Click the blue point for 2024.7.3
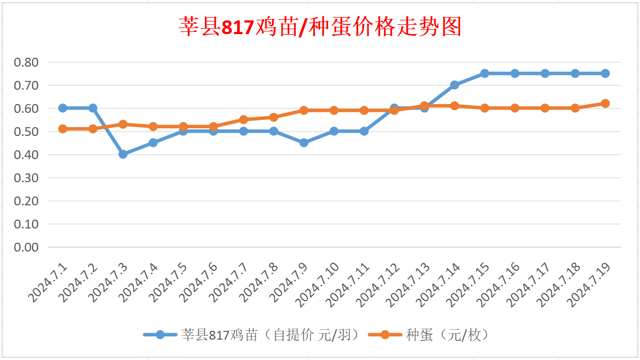(x=123, y=154)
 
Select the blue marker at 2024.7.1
(x=63, y=108)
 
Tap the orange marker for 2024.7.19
(x=605, y=103)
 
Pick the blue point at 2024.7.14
(x=454, y=85)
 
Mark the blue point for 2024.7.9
(x=303, y=143)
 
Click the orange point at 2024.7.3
(x=123, y=124)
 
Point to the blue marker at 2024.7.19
(x=605, y=73)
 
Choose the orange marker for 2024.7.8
(x=274, y=117)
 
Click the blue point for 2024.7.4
(x=153, y=143)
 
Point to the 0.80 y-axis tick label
(x=26, y=62)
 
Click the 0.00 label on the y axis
(x=26, y=247)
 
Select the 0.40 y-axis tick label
(x=26, y=155)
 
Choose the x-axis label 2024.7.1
(x=48, y=282)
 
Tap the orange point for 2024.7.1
(x=63, y=129)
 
